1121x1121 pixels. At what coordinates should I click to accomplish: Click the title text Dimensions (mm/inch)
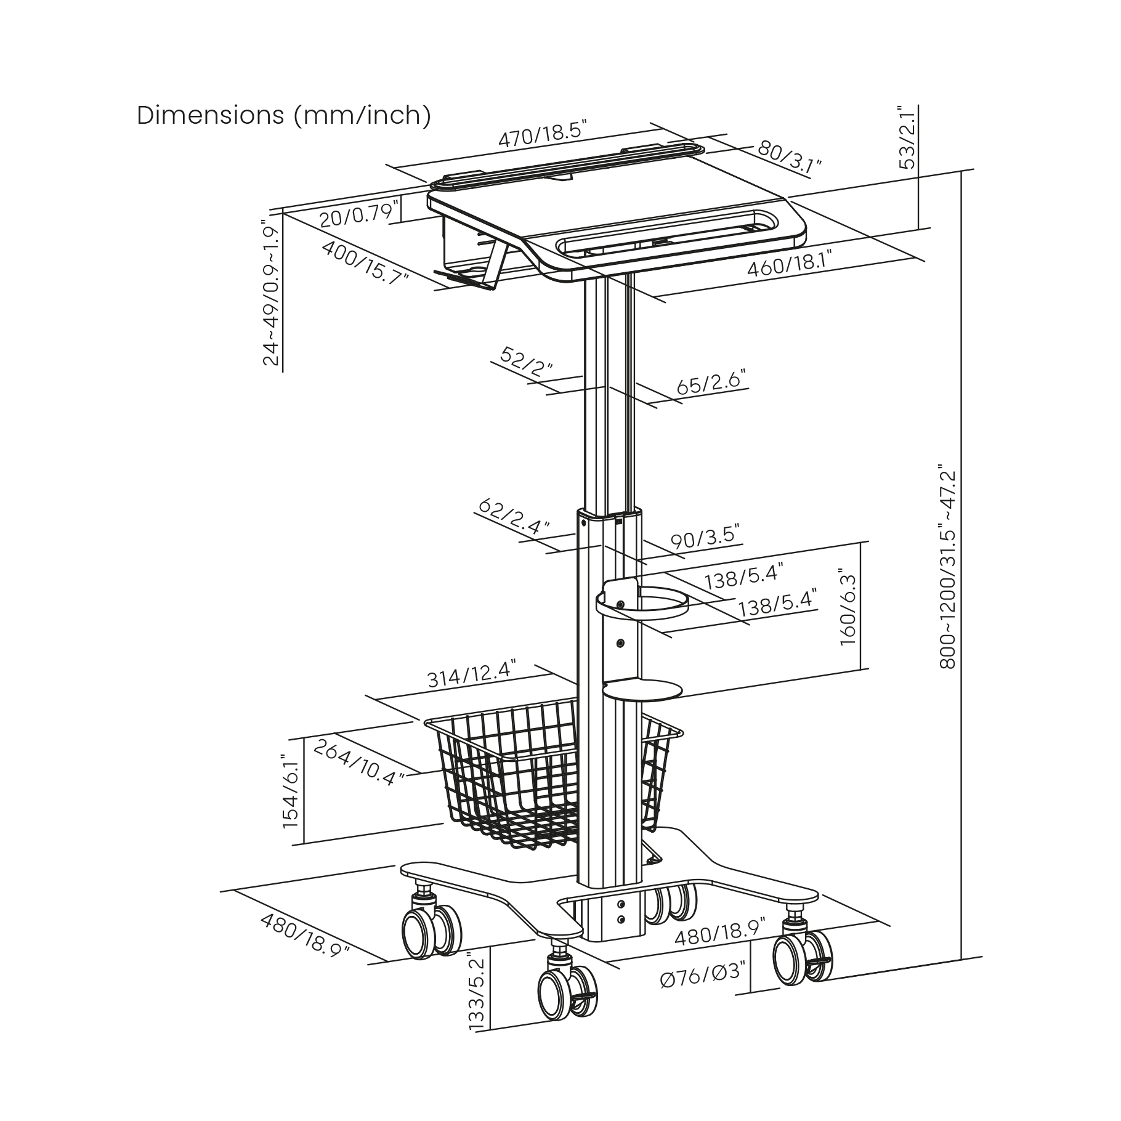[x=284, y=115]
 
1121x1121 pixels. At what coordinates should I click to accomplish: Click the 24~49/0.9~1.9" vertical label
[x=271, y=293]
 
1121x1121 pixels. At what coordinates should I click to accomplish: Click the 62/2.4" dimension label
[x=513, y=516]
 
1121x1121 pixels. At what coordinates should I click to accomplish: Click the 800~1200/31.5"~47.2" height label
[x=948, y=567]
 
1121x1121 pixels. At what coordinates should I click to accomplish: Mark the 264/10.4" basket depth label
[x=359, y=763]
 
